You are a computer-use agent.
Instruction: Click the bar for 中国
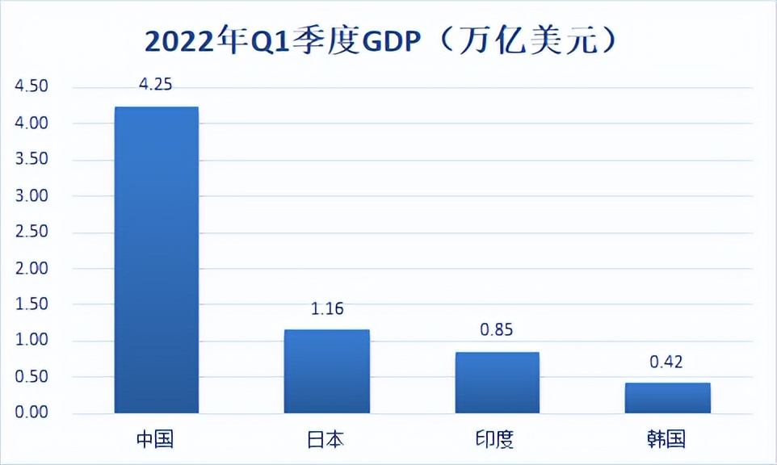(x=157, y=260)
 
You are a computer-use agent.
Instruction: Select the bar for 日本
(x=326, y=371)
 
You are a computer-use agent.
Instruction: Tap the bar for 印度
(x=497, y=383)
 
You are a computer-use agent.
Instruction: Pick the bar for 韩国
(x=667, y=398)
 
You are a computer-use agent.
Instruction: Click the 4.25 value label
(x=157, y=84)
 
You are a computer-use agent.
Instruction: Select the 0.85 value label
(x=497, y=330)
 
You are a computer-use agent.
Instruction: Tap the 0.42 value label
(x=666, y=362)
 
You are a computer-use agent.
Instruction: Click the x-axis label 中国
(x=156, y=439)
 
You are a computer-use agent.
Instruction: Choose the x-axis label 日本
(x=326, y=439)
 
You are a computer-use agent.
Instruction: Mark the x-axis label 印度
(x=495, y=439)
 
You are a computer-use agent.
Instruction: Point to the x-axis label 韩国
(x=666, y=439)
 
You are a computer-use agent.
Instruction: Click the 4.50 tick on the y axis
(x=31, y=87)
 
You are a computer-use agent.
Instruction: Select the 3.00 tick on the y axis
(x=31, y=196)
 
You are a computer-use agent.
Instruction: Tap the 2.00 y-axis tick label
(x=31, y=268)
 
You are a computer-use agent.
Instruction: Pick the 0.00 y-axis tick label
(x=31, y=413)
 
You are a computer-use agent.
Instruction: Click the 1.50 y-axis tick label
(x=31, y=304)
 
